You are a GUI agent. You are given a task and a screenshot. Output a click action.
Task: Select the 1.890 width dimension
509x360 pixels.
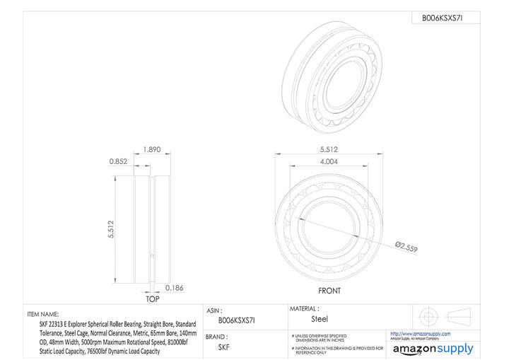tap(151, 150)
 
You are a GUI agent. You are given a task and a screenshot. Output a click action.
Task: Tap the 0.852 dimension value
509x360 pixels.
tap(118, 161)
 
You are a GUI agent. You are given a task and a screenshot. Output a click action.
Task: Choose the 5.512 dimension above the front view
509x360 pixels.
tap(330, 150)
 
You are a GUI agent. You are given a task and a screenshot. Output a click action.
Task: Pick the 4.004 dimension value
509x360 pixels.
tap(330, 161)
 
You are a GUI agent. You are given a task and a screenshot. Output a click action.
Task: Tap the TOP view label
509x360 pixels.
tap(152, 300)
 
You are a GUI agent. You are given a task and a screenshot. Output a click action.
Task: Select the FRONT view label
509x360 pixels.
tap(329, 291)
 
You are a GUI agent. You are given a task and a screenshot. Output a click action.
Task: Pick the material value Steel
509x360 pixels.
tap(320, 319)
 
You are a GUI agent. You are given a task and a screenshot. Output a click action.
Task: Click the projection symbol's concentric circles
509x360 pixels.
tap(426, 315)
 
